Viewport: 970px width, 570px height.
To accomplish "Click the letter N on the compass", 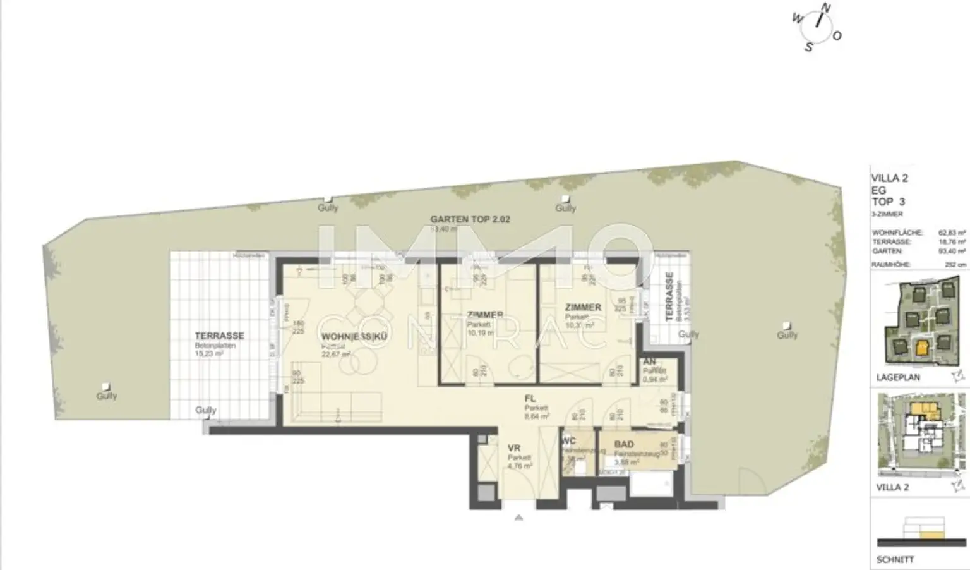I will pos(825,8).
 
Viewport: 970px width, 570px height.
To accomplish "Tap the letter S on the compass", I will pos(809,47).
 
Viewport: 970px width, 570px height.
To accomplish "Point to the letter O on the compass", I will pos(837,36).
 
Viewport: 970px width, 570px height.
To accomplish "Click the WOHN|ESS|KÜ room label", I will pos(354,337).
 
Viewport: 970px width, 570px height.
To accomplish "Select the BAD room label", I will pos(623,445).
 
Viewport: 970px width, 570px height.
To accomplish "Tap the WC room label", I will pos(568,442).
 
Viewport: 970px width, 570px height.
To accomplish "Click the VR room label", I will pos(514,448).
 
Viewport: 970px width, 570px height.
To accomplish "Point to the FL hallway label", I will pos(530,399).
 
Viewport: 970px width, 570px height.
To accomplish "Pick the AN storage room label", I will pos(649,362).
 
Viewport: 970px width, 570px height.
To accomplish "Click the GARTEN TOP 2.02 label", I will pos(470,219).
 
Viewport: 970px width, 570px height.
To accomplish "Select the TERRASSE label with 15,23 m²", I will pos(219,336).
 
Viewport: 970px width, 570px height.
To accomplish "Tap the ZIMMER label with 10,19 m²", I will pos(485,315).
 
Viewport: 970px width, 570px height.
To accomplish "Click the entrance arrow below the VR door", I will pos(518,518).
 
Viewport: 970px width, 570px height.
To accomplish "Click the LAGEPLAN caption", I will pos(898,377).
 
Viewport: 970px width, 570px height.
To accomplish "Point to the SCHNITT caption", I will pos(895,560).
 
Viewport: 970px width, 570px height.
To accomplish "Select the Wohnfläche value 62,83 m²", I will pos(953,233).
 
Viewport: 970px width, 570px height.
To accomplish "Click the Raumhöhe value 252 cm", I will pos(955,265).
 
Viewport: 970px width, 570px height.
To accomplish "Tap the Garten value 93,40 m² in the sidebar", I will pos(953,251).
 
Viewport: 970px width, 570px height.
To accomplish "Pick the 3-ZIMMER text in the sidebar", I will pos(887,215).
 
